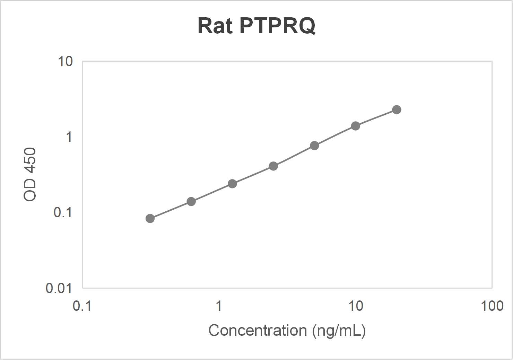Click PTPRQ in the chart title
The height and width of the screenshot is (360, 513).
(x=277, y=25)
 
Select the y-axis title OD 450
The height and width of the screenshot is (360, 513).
(x=30, y=174)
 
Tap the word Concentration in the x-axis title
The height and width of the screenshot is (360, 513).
(x=258, y=330)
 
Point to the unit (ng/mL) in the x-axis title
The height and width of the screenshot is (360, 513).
(x=339, y=331)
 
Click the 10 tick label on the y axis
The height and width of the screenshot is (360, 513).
(x=65, y=61)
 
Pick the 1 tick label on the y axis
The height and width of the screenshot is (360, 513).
(x=69, y=137)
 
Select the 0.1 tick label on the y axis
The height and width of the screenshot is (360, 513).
(x=63, y=212)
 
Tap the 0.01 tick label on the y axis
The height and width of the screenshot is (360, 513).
(x=59, y=288)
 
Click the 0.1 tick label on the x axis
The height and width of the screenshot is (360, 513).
(x=82, y=306)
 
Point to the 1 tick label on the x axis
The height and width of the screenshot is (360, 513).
(x=218, y=306)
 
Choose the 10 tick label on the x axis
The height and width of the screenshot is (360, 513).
(x=355, y=306)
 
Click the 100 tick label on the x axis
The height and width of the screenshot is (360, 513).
(x=492, y=306)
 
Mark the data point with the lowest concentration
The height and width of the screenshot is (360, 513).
(x=150, y=218)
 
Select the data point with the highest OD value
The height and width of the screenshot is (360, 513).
(x=397, y=109)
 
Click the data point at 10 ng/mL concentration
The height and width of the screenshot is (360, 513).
(x=355, y=126)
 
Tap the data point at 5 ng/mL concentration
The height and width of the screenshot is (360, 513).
(x=314, y=146)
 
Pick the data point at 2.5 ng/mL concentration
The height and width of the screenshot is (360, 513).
(x=273, y=166)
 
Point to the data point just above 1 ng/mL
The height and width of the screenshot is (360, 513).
(x=232, y=184)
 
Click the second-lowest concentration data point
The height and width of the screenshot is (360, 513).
(x=191, y=201)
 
